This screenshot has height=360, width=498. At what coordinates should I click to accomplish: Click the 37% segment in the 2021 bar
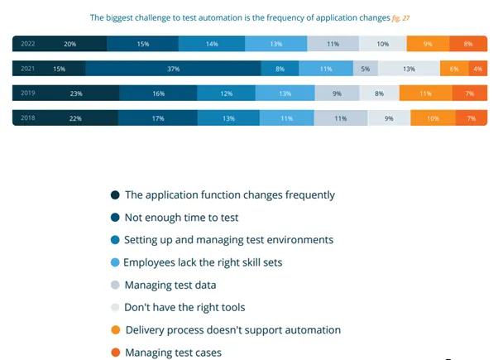[x=173, y=70]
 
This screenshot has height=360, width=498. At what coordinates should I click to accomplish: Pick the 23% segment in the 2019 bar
[x=76, y=94]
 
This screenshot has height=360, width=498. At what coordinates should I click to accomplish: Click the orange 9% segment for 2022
[x=427, y=44]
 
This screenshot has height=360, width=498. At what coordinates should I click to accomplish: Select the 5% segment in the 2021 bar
[x=365, y=70]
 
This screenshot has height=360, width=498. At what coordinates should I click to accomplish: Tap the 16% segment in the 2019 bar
[x=159, y=94]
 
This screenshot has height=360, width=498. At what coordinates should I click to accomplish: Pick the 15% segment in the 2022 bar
[x=143, y=44]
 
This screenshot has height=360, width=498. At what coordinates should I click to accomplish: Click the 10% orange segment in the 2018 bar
[x=433, y=119]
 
